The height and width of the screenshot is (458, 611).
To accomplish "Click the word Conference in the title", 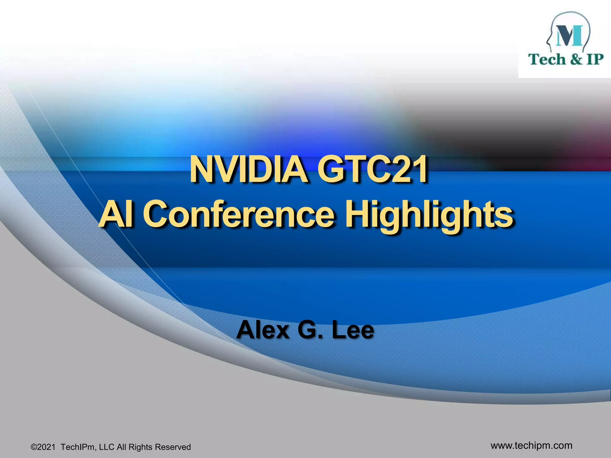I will click(x=239, y=213).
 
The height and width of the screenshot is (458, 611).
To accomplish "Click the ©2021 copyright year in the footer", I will click(x=43, y=447).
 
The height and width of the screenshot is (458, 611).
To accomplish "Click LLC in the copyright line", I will click(x=107, y=447).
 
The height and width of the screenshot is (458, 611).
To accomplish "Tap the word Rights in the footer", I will click(x=141, y=447).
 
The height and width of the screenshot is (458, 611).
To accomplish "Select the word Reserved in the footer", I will click(x=173, y=447).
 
